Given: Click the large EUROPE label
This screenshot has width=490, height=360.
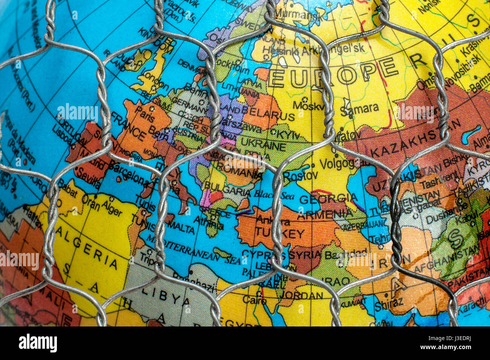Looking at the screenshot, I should [x=333, y=74].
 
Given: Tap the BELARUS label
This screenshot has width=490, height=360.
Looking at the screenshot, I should [x=268, y=113].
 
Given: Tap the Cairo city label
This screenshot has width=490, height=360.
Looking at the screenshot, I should [x=254, y=300].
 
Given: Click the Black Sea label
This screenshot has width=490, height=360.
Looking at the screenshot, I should [x=268, y=194].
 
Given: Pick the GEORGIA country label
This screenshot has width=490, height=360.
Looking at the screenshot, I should [x=328, y=199].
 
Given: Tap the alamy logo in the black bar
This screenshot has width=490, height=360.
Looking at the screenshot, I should [x=38, y=343].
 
